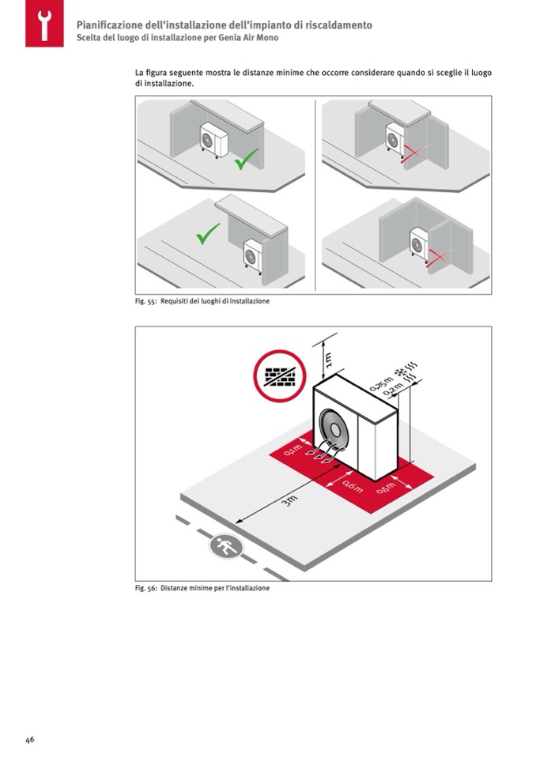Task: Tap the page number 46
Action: pos(29,740)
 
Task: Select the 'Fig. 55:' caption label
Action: pos(145,302)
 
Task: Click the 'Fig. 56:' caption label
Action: pos(145,588)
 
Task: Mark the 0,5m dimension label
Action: pos(386,488)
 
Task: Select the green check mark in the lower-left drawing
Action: pos(207,233)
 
